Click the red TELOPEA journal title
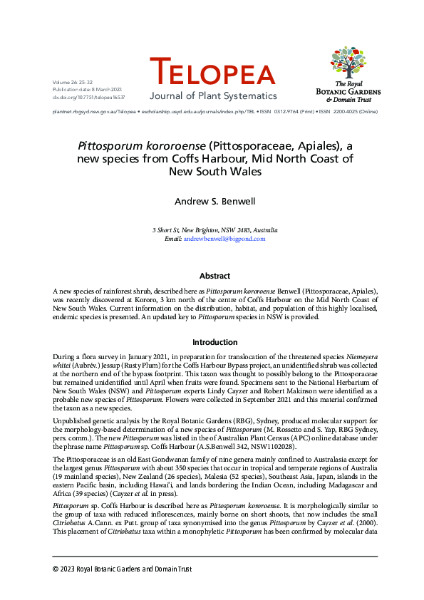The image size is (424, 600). tap(212, 73)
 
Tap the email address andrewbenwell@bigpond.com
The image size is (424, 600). tap(224, 239)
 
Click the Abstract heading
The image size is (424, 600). tap(214, 276)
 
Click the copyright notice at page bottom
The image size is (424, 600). tap(122, 569)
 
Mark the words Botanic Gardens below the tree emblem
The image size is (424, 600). tap(348, 92)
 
